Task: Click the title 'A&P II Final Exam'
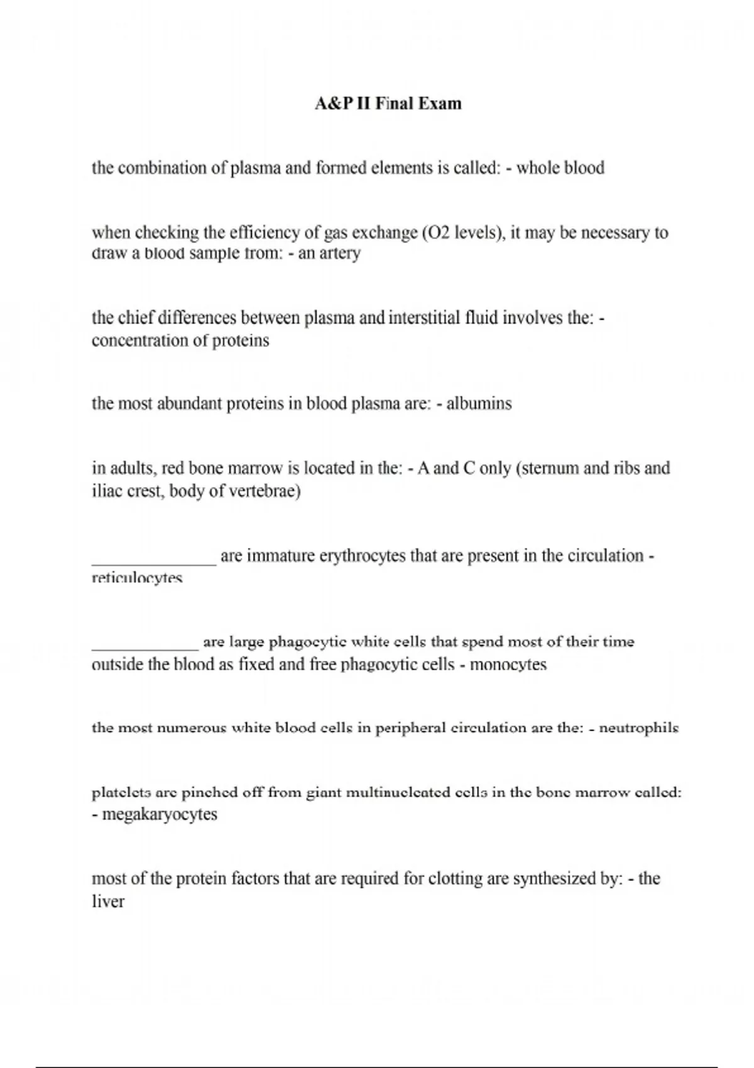coord(388,104)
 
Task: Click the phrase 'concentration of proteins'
coord(180,341)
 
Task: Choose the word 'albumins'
coord(479,403)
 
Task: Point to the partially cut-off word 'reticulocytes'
coord(137,578)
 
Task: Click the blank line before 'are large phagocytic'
coord(145,646)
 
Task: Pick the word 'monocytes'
coord(508,665)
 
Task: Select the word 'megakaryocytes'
coord(160,815)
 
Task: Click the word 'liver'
coord(108,902)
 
